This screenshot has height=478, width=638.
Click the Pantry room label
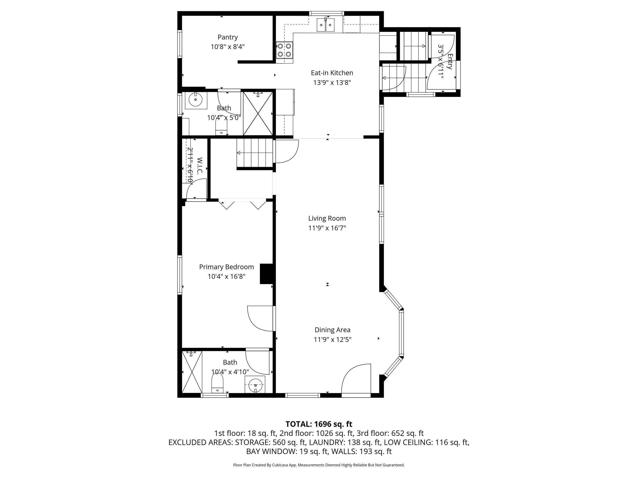point(228,37)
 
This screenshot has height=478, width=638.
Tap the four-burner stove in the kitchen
point(284,50)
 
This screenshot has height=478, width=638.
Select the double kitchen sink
point(326,25)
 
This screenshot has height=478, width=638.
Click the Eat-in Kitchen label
point(332,73)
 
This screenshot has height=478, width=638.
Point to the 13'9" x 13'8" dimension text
point(332,83)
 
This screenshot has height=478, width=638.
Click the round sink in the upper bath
point(196,100)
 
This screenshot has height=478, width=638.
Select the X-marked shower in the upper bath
point(258,114)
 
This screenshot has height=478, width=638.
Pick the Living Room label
point(327,218)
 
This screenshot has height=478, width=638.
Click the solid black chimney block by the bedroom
point(266,274)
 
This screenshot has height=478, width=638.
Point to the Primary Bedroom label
point(226,267)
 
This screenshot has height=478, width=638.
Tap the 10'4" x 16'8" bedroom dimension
point(226,277)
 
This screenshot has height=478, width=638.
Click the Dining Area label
point(332,330)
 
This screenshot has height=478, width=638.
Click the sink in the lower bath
point(255,384)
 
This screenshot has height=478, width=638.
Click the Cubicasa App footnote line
point(319,465)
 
